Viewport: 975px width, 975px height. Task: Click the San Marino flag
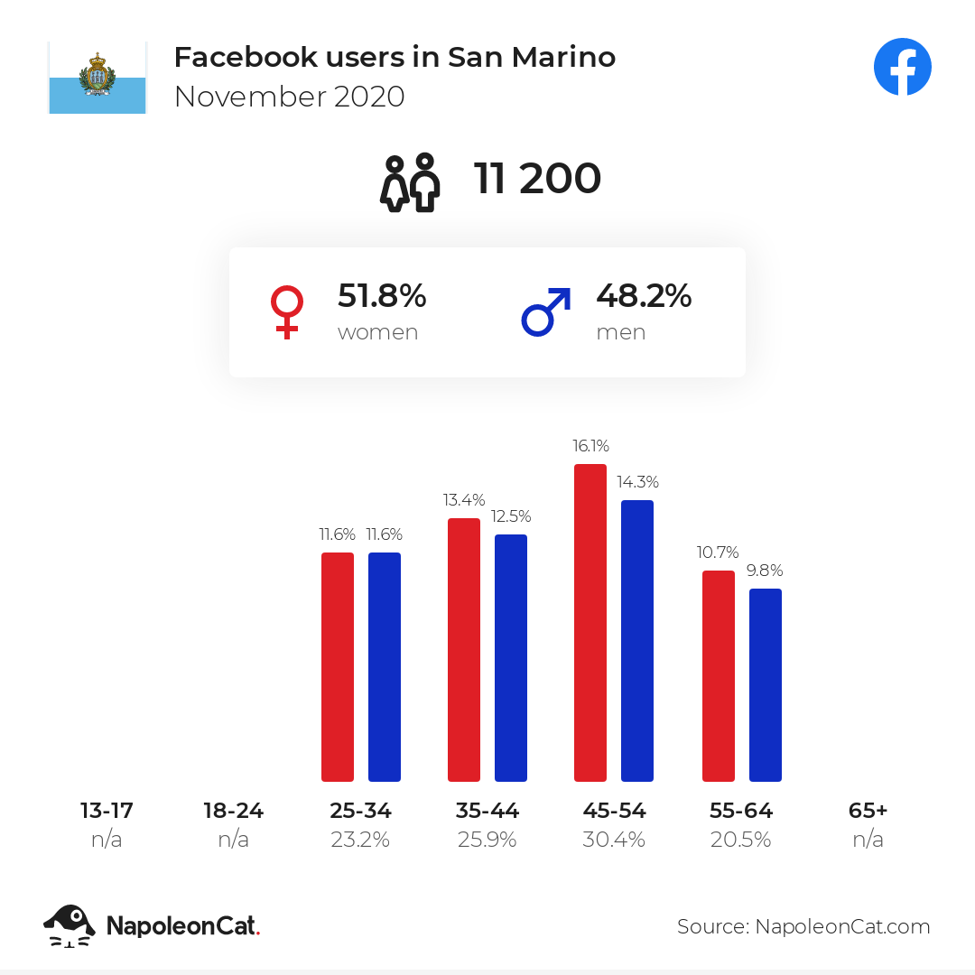coord(97,78)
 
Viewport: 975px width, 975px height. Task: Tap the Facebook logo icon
coord(902,67)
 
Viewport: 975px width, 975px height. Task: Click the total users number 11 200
coord(537,179)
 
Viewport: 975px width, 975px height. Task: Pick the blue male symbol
coord(545,312)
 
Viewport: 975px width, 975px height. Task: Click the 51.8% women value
coord(382,295)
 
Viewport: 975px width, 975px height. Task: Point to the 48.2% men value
coord(644,295)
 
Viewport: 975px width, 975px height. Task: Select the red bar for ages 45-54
coord(590,622)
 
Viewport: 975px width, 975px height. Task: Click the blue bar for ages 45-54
coord(637,640)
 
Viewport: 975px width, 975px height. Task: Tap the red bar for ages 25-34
coord(338,666)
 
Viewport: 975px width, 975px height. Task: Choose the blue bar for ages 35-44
coord(511,658)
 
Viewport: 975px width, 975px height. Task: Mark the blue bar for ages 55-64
coord(766,684)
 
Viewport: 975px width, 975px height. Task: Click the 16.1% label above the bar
coord(590,446)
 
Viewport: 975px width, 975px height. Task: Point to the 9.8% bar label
coord(765,571)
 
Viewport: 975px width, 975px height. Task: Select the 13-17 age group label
coord(107,810)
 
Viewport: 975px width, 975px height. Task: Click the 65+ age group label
coord(868,810)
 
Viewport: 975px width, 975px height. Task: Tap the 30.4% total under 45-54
coord(614,840)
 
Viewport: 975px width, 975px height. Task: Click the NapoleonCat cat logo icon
coord(69,926)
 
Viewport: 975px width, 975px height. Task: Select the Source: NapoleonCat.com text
coord(803,926)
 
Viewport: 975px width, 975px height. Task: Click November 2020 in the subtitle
coord(290,97)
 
